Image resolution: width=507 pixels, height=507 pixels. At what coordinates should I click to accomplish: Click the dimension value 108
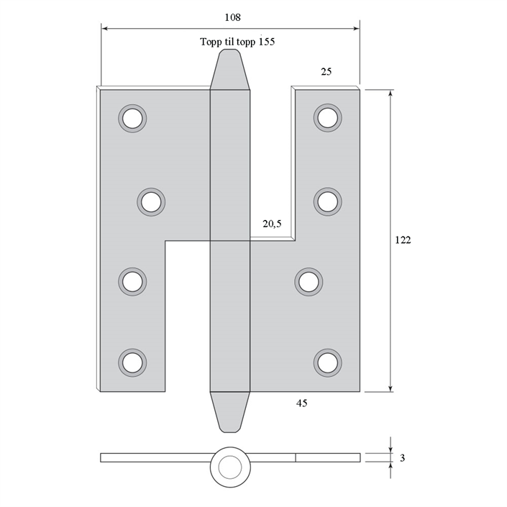tap(233, 17)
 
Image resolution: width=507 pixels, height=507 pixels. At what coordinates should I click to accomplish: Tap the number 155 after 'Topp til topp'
tap(266, 42)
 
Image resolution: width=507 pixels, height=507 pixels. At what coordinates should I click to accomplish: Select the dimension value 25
tap(326, 71)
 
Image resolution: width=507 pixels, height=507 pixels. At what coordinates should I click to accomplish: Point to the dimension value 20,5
tap(272, 224)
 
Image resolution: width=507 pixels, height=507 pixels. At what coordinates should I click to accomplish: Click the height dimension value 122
tap(403, 240)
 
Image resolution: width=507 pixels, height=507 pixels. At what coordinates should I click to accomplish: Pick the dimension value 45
tap(301, 403)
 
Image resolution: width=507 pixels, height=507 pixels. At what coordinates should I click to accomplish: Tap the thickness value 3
tap(402, 458)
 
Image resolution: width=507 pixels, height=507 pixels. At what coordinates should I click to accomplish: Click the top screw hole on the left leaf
tap(132, 119)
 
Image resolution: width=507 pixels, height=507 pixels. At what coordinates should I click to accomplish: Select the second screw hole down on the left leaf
tap(151, 202)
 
